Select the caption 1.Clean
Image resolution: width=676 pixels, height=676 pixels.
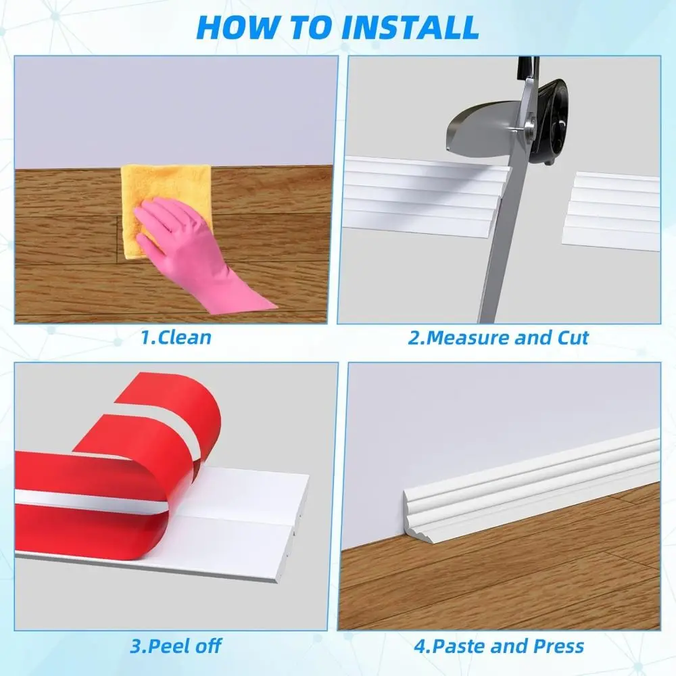point(176,337)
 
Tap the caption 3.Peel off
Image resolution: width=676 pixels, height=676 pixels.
point(176,645)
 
